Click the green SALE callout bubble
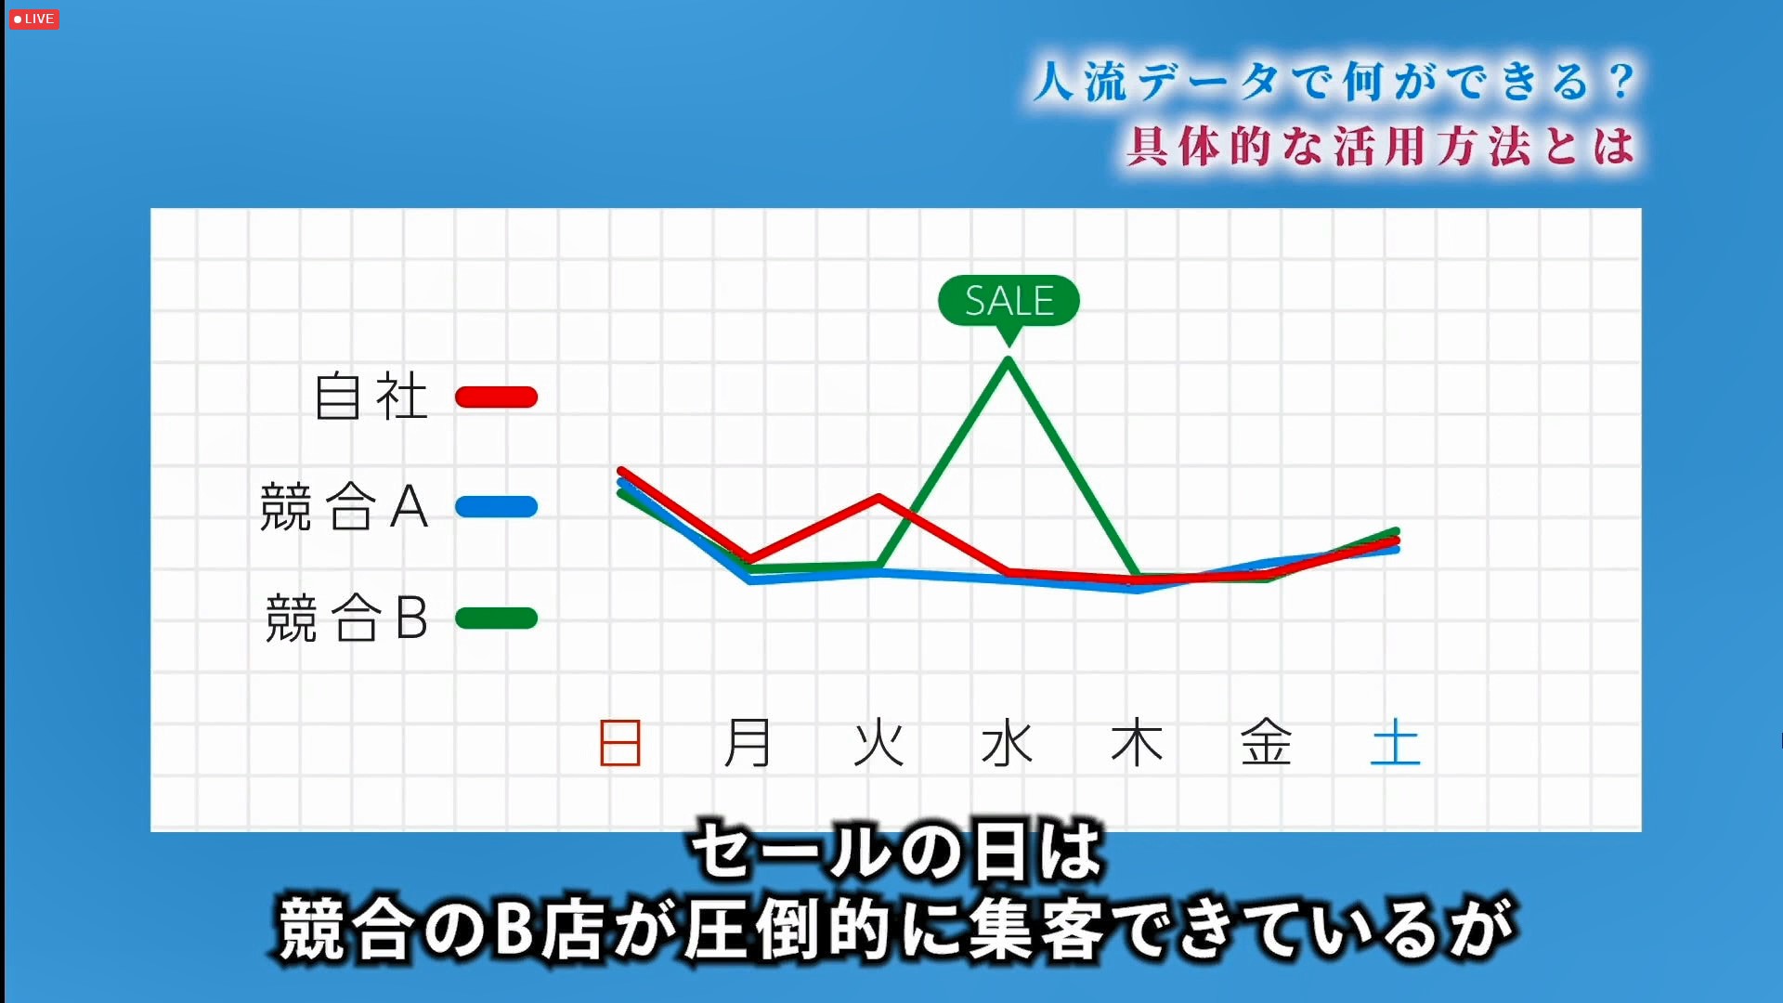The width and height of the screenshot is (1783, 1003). [1009, 302]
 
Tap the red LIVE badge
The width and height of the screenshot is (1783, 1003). [33, 19]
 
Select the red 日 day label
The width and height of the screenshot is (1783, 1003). [620, 743]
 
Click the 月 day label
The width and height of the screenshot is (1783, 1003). [748, 743]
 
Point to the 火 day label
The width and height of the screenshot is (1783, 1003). [878, 743]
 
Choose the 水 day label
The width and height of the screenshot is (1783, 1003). [1008, 743]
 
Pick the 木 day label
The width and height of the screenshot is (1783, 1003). [1137, 743]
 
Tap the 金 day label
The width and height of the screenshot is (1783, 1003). [1267, 743]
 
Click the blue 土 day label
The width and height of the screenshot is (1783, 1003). [1396, 743]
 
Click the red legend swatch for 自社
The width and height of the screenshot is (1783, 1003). [496, 397]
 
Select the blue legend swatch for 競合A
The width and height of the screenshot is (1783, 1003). [496, 507]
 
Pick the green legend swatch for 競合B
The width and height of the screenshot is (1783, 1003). [496, 618]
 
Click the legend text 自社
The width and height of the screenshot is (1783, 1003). [371, 397]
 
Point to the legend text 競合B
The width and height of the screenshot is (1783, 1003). [346, 619]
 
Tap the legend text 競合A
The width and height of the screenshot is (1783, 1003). [345, 507]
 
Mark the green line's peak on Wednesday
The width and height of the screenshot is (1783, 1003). [1009, 360]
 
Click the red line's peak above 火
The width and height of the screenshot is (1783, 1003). [878, 498]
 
